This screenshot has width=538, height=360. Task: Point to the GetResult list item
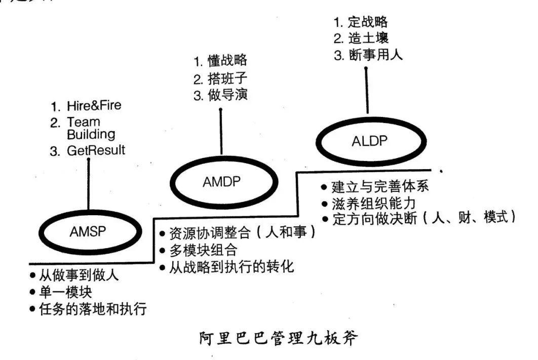(96, 150)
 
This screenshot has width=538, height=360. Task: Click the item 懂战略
(227, 61)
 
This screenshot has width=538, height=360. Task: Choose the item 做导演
(227, 95)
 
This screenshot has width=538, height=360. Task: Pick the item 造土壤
(368, 38)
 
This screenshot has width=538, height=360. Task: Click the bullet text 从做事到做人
(79, 276)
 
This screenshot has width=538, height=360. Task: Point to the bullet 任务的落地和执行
(93, 308)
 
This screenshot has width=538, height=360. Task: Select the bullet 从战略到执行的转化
(230, 267)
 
